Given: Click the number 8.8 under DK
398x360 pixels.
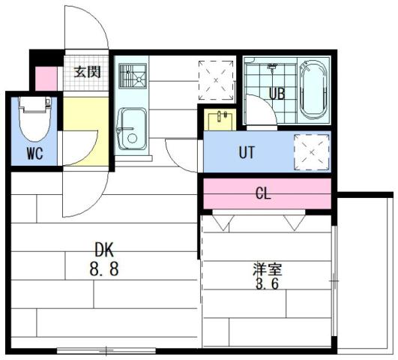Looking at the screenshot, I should (106, 268).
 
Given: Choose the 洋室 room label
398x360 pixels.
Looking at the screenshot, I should (268, 268).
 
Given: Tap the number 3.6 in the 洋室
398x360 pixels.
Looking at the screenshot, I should (268, 286).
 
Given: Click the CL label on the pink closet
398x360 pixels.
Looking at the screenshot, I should (263, 194).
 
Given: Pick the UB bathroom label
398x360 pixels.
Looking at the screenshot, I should (277, 94).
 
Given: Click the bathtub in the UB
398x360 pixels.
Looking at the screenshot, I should (313, 90).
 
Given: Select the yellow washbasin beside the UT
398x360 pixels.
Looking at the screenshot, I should (221, 118).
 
